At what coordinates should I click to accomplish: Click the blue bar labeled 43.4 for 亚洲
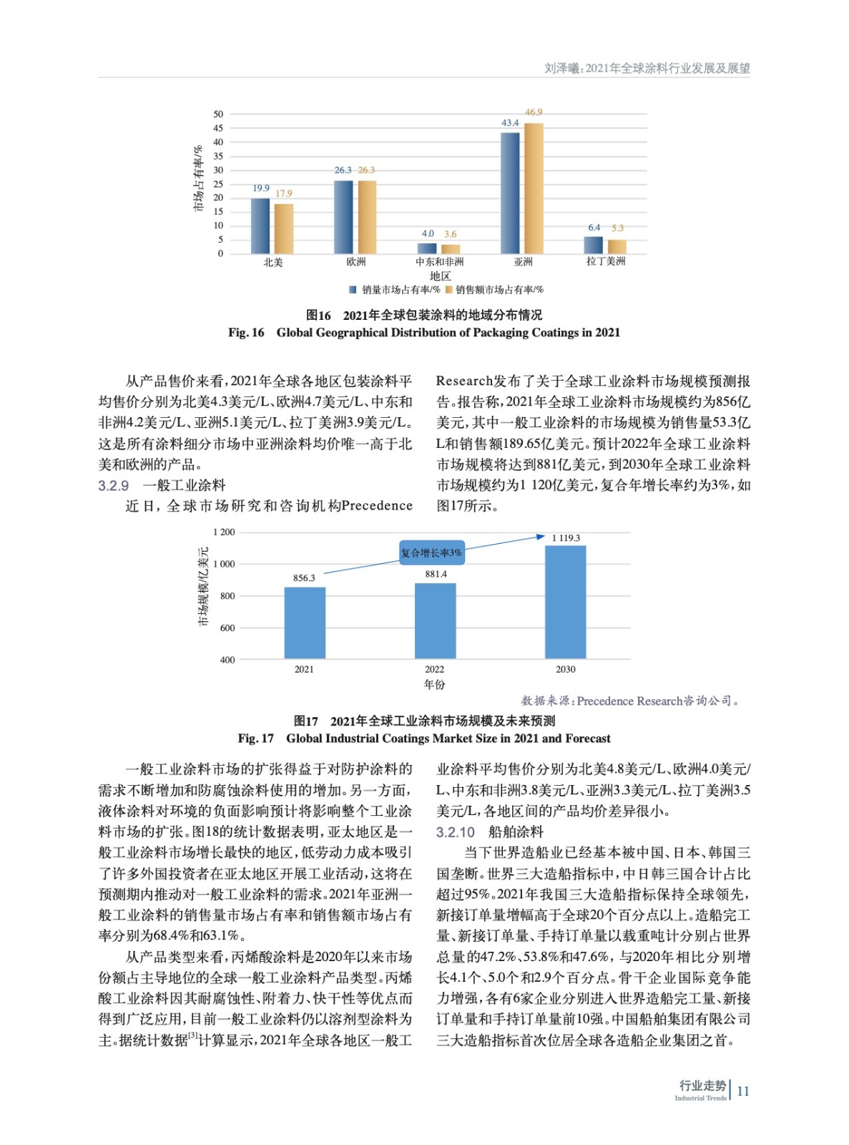click(x=510, y=193)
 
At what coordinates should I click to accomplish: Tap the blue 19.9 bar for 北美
click(x=260, y=225)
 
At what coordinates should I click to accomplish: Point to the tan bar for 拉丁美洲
click(x=617, y=246)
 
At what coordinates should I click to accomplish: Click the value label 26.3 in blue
click(x=343, y=170)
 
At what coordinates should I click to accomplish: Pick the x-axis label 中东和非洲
click(x=439, y=262)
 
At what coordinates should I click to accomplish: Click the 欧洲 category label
click(x=355, y=262)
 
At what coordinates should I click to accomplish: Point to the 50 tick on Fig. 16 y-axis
click(x=218, y=114)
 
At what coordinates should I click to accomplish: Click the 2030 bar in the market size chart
click(x=565, y=601)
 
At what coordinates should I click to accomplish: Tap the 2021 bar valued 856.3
click(x=305, y=622)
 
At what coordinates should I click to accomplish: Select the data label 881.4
click(x=436, y=574)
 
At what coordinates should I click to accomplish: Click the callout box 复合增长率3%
click(x=431, y=552)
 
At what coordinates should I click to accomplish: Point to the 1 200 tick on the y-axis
click(x=224, y=532)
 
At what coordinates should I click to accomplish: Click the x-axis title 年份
click(x=434, y=685)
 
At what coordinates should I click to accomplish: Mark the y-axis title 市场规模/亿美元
click(x=203, y=587)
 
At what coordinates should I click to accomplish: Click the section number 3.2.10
click(x=456, y=832)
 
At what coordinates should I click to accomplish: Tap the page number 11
click(x=743, y=1091)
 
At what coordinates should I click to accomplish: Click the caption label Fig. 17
click(x=255, y=739)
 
